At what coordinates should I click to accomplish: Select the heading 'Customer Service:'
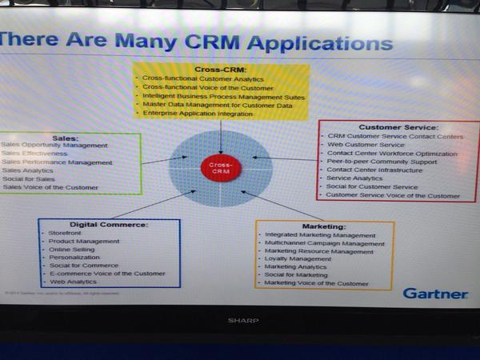(398, 127)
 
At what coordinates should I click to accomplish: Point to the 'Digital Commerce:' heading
(109, 224)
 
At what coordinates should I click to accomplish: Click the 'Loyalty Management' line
(299, 259)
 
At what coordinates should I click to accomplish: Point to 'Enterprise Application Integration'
(198, 114)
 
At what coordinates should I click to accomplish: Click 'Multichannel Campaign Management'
(324, 244)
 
